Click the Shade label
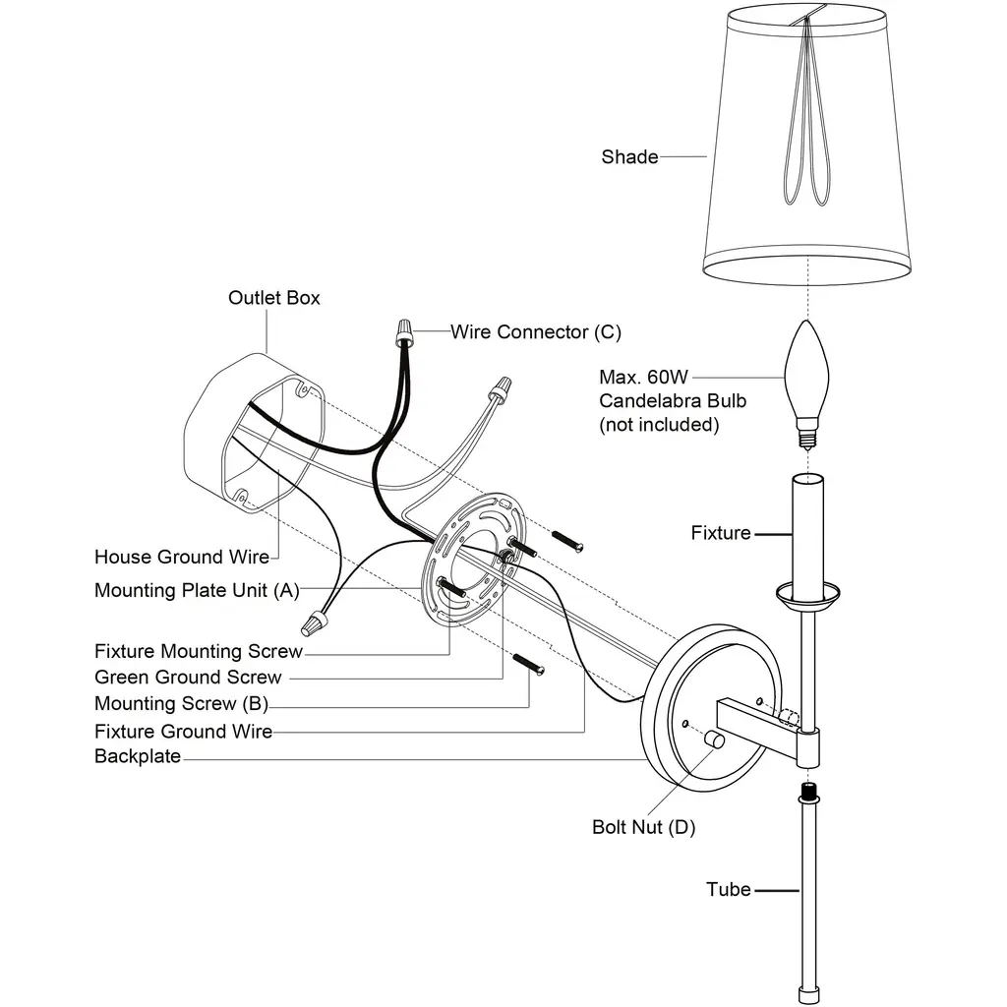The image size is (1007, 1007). (x=629, y=156)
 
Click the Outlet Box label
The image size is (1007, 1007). (x=273, y=297)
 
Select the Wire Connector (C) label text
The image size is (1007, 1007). (x=536, y=331)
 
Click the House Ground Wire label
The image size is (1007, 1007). (x=182, y=557)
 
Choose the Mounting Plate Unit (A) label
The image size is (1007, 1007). (x=197, y=590)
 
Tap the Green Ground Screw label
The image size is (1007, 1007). (x=188, y=677)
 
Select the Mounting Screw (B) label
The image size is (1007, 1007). (x=181, y=703)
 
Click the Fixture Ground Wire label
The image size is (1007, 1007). (x=183, y=731)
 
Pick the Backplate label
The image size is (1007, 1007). (x=138, y=756)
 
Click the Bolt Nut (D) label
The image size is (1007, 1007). (x=643, y=827)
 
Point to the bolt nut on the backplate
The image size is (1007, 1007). (x=714, y=740)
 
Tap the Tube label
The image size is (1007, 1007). (x=728, y=889)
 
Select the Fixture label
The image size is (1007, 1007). (x=720, y=533)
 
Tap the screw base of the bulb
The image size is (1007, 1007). (x=806, y=434)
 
